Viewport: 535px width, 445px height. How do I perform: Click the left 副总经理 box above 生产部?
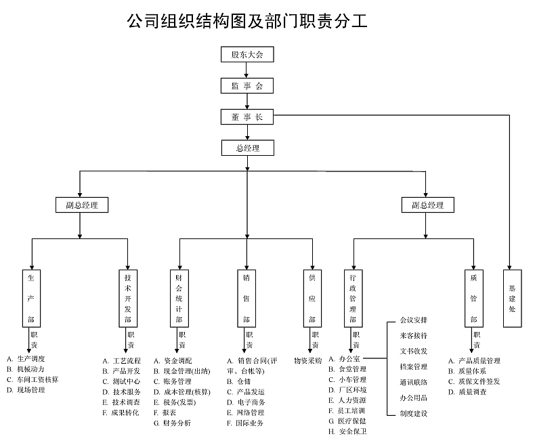pos(81,205)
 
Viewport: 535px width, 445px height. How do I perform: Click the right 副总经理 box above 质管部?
pos(427,205)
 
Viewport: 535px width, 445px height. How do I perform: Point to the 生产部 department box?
pos(31,298)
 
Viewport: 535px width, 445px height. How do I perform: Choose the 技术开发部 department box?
pos(128,298)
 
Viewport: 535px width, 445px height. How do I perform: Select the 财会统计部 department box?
pos(179,298)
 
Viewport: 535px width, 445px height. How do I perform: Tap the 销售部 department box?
pos(246,298)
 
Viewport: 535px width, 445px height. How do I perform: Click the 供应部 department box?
pos(312,298)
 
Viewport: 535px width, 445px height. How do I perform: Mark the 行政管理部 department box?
pos(352,298)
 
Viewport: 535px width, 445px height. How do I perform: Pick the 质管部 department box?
pos(474,298)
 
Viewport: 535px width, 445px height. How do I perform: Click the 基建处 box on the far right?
pos(513,298)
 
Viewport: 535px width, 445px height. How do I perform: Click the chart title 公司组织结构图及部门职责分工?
pos(247,21)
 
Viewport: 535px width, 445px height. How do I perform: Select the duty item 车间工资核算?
pos(37,380)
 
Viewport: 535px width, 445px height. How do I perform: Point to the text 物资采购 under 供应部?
pos(307,360)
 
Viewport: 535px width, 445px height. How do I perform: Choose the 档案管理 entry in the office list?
pos(414,366)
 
